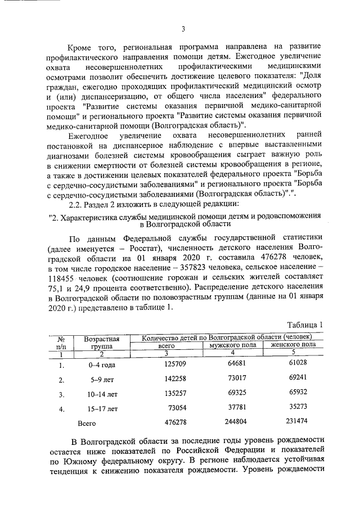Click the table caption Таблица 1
click(305, 325)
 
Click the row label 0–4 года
click(102, 365)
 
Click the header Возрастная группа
click(102, 343)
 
